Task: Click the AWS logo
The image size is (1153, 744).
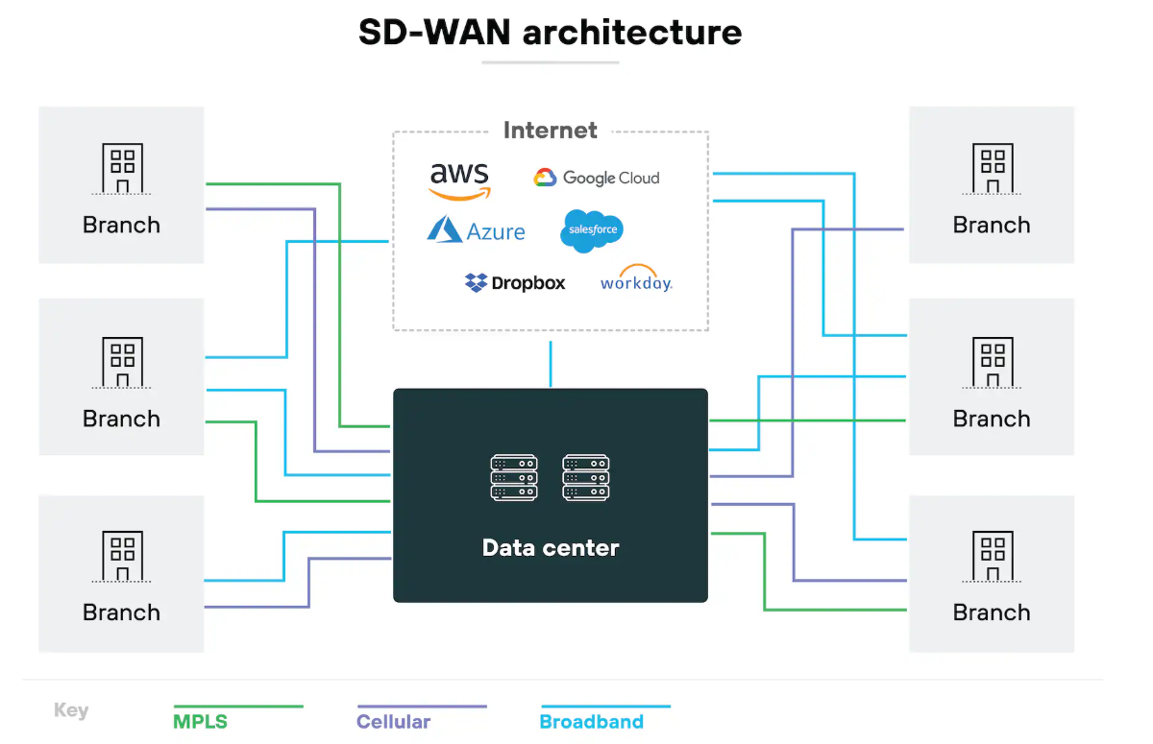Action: [x=459, y=180]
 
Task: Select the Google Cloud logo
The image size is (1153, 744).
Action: [x=597, y=178]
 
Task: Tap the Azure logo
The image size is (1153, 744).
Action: [x=477, y=230]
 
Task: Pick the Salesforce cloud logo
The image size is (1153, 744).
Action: [x=592, y=230]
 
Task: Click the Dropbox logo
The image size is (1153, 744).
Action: [x=515, y=282]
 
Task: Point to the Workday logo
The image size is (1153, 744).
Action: [x=636, y=279]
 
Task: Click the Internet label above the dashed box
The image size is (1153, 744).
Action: [x=551, y=131]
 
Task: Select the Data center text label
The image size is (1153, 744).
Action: [x=551, y=548]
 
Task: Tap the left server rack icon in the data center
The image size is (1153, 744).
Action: [x=514, y=477]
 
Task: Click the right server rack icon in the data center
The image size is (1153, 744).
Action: [x=586, y=477]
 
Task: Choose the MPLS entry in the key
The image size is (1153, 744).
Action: [x=201, y=721]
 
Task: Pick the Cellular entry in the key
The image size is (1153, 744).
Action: [x=394, y=721]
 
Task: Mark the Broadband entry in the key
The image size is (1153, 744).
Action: [x=592, y=721]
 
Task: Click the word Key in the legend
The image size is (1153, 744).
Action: [x=71, y=710]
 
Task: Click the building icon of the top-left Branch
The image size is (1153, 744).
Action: [x=122, y=170]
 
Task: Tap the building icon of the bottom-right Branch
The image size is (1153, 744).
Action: [x=993, y=558]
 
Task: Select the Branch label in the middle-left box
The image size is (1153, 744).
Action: [x=121, y=419]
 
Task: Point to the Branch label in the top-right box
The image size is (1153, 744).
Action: [x=992, y=225]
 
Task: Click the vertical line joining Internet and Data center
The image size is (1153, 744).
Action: [x=551, y=364]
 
